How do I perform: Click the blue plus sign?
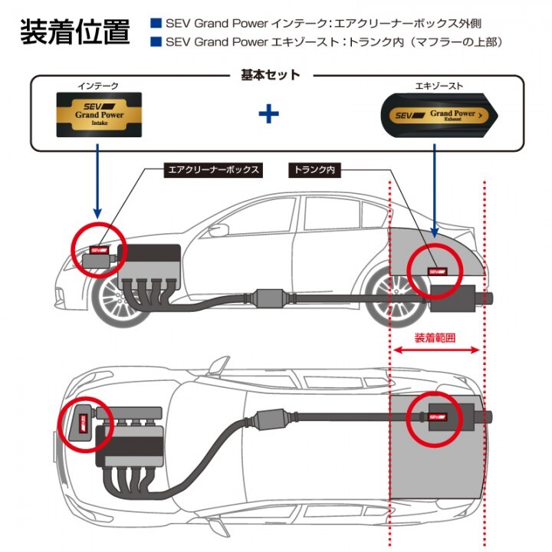(x=268, y=114)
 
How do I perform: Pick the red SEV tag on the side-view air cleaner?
(x=100, y=249)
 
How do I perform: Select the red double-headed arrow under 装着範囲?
(x=436, y=350)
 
